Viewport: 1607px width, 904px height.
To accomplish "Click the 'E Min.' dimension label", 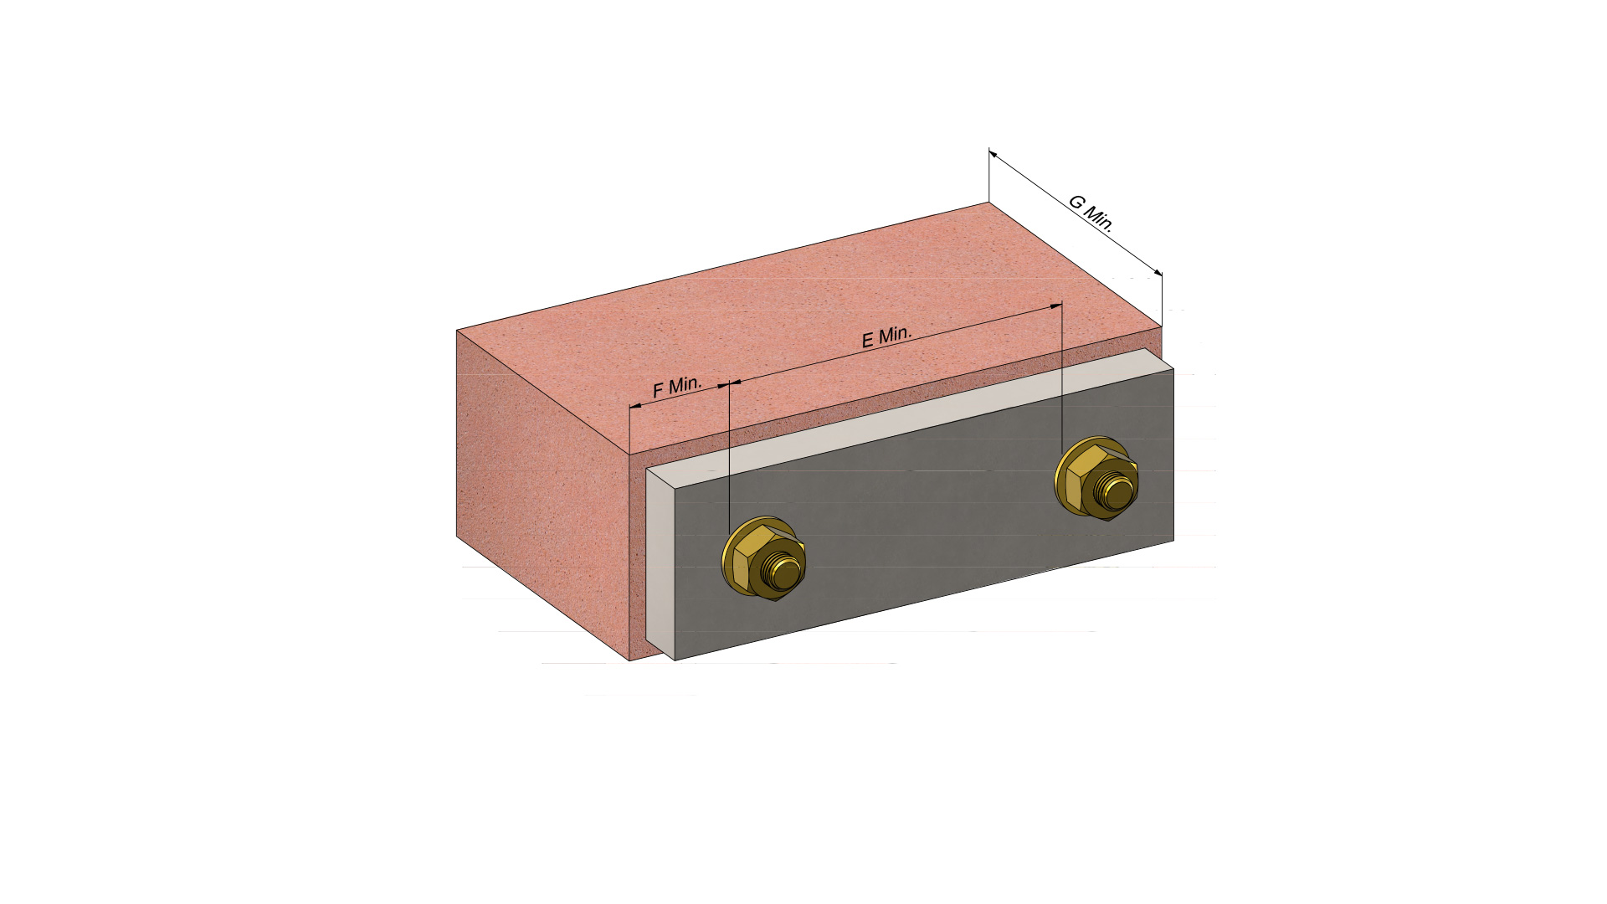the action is (x=886, y=336).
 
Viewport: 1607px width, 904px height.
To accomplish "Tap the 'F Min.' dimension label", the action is (x=677, y=387).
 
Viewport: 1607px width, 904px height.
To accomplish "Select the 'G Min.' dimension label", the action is (x=1091, y=213).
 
